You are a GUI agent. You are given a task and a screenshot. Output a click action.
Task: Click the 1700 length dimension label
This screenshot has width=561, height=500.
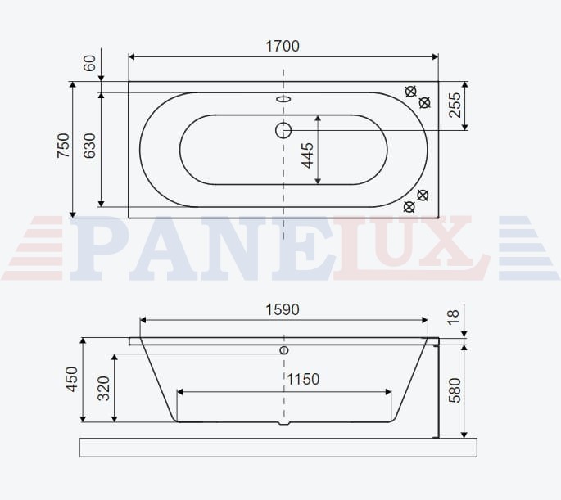[x=283, y=46]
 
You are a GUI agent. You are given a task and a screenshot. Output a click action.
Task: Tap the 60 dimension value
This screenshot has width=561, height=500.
[x=89, y=63]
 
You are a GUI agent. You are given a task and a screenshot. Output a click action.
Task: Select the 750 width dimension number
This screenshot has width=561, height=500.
[x=63, y=146]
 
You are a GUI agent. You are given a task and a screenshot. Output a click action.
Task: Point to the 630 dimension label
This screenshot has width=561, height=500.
[x=89, y=146]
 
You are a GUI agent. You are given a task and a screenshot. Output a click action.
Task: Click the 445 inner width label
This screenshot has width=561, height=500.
[x=307, y=155]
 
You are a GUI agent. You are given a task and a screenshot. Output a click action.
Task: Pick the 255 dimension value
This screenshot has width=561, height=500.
[x=455, y=105]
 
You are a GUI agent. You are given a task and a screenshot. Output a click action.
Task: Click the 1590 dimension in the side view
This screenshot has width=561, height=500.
[x=283, y=310]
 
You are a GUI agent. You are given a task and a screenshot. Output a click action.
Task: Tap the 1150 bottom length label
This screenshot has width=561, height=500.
[x=303, y=379]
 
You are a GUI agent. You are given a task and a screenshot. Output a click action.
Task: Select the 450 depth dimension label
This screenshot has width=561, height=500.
[x=72, y=379]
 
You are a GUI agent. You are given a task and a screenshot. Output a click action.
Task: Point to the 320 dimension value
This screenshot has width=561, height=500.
[x=104, y=388]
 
